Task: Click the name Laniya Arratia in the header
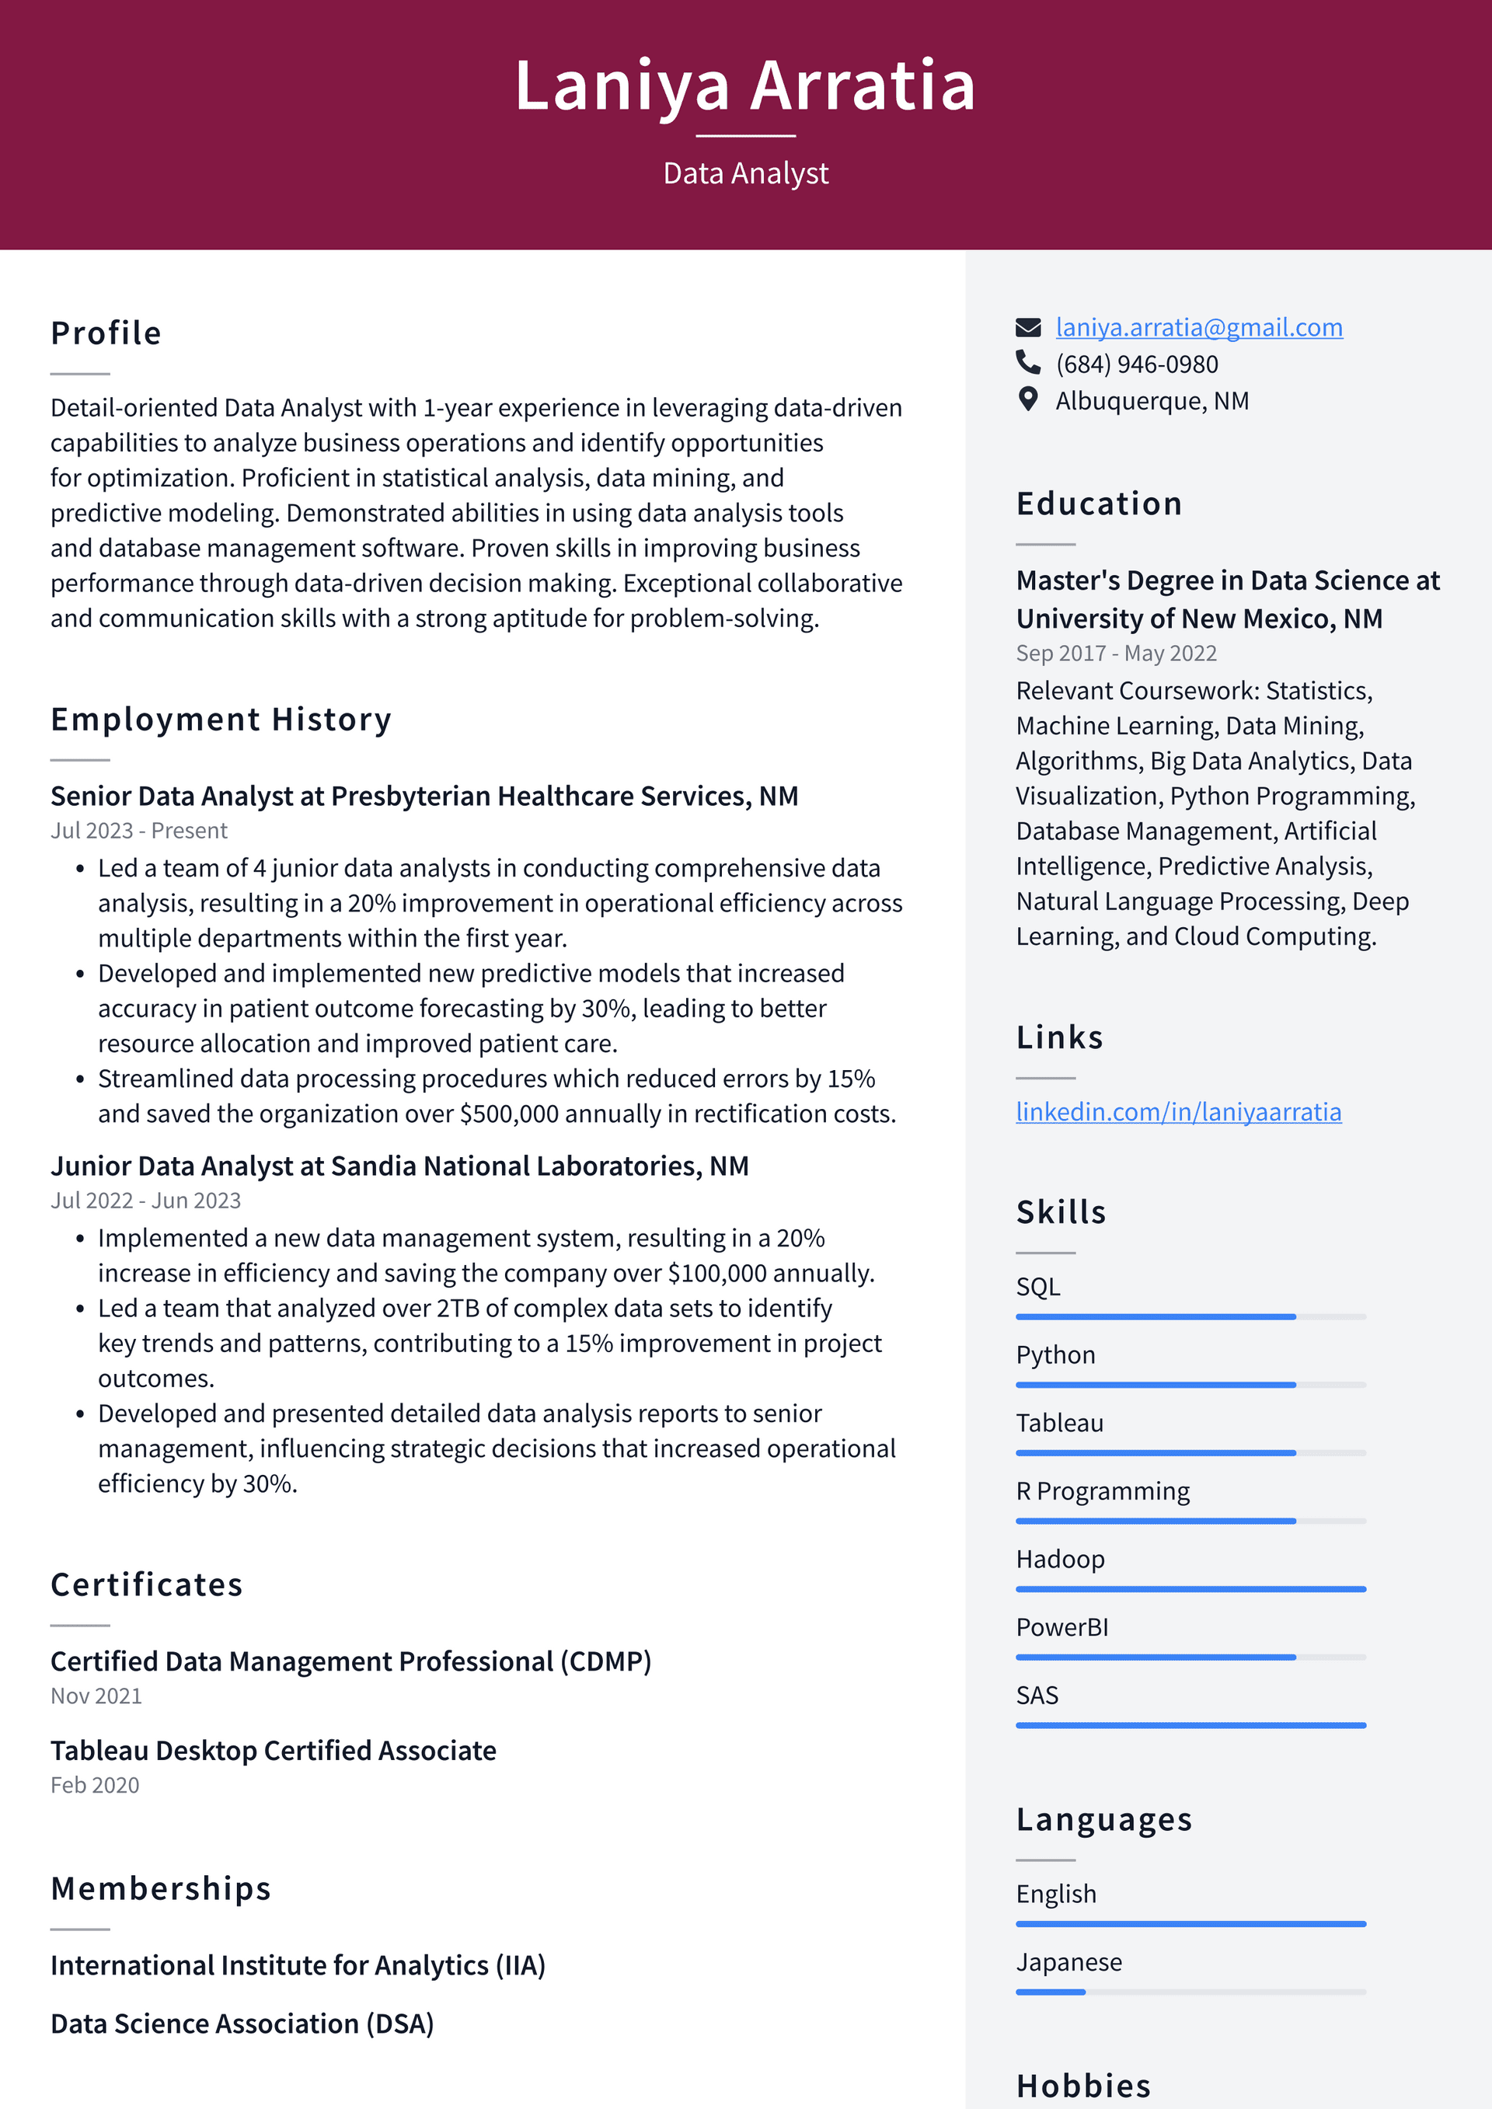[x=745, y=85]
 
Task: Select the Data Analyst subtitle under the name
[x=745, y=173]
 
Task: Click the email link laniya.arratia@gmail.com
[x=1198, y=327]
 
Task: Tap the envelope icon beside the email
[x=1028, y=327]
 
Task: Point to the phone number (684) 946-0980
[x=1136, y=364]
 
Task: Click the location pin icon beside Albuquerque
[x=1028, y=399]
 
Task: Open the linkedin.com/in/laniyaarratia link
[x=1178, y=1111]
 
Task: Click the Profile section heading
[x=106, y=333]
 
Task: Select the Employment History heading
[x=221, y=720]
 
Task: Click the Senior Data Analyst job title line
[x=424, y=796]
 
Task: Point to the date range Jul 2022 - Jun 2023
[x=145, y=1201]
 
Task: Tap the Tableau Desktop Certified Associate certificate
[x=273, y=1750]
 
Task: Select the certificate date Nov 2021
[x=96, y=1696]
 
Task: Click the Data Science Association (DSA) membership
[x=242, y=2024]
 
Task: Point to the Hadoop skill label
[x=1059, y=1559]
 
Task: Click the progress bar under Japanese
[x=1190, y=1992]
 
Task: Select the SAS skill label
[x=1037, y=1695]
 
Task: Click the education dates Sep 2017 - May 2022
[x=1115, y=653]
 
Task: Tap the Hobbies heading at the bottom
[x=1083, y=2086]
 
